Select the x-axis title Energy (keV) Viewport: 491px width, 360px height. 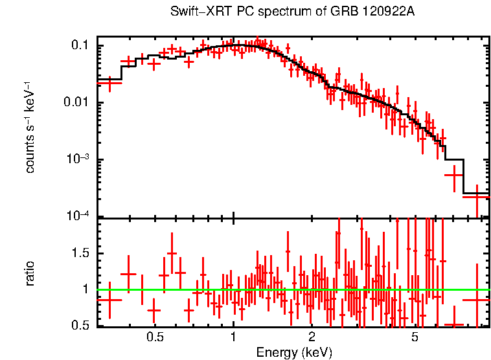point(294,352)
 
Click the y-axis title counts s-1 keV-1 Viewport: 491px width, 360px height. point(30,127)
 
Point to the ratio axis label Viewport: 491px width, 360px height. point(30,273)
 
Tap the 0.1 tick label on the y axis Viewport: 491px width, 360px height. point(80,45)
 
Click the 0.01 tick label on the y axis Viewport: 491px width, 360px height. point(77,102)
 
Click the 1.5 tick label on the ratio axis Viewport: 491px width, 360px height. point(80,253)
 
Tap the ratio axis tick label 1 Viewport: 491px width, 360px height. point(86,289)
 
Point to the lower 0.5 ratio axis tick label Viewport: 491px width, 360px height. point(80,326)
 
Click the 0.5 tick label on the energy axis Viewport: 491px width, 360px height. point(154,337)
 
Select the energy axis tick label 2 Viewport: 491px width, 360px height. point(311,337)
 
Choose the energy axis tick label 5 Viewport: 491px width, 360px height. point(415,337)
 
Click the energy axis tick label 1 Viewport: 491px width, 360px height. point(233,337)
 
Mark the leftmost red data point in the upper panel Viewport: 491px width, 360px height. point(109,82)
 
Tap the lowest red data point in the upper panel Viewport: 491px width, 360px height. point(477,196)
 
